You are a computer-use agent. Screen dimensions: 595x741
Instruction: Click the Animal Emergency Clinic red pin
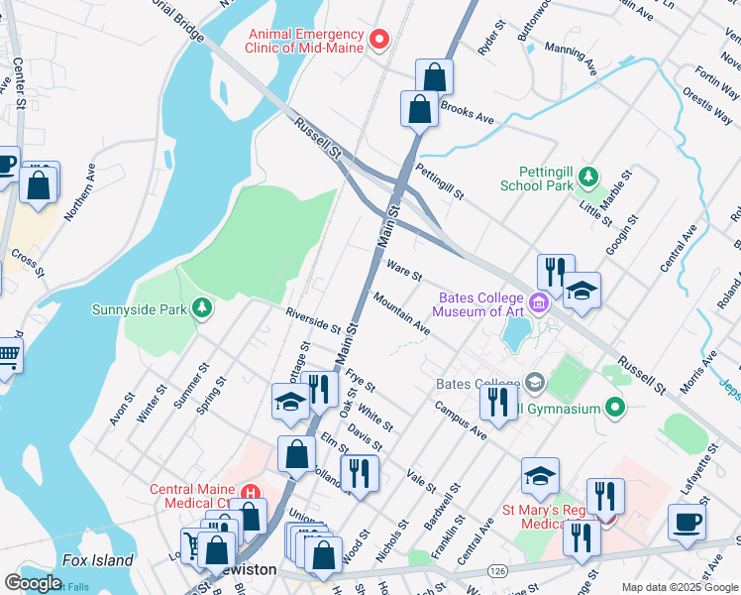click(378, 41)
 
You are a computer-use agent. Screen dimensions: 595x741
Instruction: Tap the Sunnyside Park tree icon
click(202, 309)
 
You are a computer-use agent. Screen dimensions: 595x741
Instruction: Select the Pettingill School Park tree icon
click(589, 177)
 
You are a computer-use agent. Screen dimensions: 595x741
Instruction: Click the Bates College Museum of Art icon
click(539, 302)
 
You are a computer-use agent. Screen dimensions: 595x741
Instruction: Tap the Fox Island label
click(97, 560)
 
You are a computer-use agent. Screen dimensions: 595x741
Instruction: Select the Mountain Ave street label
click(401, 311)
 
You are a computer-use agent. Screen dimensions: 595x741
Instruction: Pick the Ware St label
click(404, 269)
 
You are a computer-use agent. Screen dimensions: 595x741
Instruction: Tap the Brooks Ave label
click(467, 111)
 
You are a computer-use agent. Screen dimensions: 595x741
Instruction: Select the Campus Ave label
click(460, 420)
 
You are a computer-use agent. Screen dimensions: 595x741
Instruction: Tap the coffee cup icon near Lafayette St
click(687, 523)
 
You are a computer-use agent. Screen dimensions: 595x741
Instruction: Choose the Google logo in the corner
click(34, 583)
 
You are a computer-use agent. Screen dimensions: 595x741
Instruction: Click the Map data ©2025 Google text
click(680, 587)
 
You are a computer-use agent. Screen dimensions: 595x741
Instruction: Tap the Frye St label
click(361, 382)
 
